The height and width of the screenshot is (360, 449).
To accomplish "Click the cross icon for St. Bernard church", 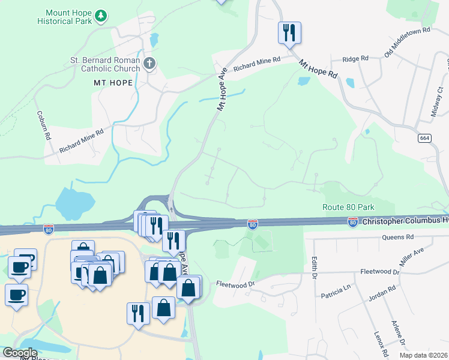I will click(x=149, y=62).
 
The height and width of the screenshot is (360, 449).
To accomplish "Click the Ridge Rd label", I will click(x=355, y=59).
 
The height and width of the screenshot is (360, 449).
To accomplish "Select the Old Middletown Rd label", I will click(x=408, y=42).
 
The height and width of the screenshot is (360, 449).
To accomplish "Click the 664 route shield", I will click(x=424, y=138).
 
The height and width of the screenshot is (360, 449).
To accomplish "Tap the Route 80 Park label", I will click(x=348, y=207).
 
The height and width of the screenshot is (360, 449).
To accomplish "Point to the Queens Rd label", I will click(x=397, y=238).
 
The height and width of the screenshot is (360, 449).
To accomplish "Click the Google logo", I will click(x=20, y=353).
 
